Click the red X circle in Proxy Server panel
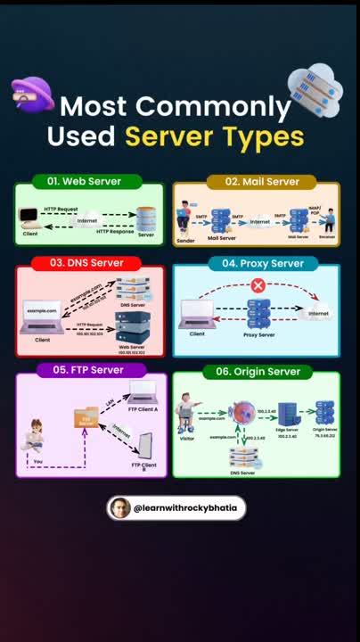coord(258,286)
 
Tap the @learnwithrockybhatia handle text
coord(186,508)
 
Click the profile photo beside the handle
coord(119,508)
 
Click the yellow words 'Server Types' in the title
coord(214,137)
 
